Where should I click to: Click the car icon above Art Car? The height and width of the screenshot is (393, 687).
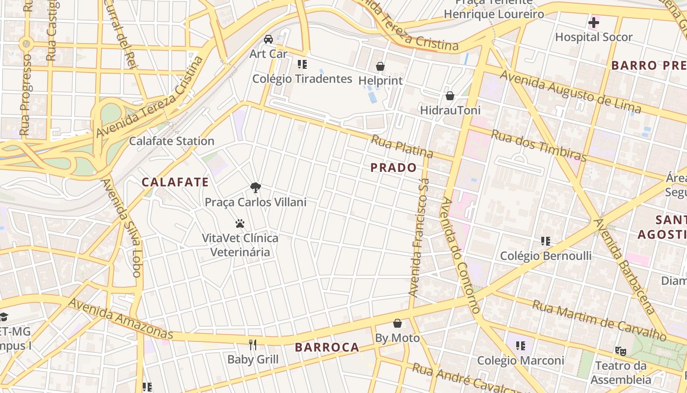(x=268, y=39)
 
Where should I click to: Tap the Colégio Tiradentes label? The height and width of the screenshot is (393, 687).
(x=302, y=79)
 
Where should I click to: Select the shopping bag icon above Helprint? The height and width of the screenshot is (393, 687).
(x=380, y=66)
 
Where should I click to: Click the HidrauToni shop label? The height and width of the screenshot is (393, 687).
(x=450, y=110)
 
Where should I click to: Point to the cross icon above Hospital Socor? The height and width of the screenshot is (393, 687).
(x=594, y=23)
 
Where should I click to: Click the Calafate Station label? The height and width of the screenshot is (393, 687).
(x=172, y=141)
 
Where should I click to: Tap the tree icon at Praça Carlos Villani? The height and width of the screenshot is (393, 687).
(x=255, y=187)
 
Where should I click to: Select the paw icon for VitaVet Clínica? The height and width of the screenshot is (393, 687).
(x=240, y=224)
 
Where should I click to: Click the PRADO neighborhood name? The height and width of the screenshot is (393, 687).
(x=394, y=168)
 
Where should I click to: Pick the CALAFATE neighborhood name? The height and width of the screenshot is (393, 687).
(x=175, y=182)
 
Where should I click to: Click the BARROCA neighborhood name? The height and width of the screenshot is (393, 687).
(x=327, y=347)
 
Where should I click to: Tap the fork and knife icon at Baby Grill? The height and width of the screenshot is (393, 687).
(x=253, y=345)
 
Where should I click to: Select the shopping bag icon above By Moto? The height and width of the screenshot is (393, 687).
(x=397, y=324)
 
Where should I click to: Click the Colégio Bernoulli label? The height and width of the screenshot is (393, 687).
(x=546, y=256)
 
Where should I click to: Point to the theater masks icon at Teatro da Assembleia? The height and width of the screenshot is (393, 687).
(x=621, y=351)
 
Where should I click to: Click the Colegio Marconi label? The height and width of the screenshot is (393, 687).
(x=521, y=361)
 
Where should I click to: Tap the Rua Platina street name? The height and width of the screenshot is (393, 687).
(x=402, y=146)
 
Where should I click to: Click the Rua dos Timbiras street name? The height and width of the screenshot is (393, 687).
(x=539, y=146)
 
